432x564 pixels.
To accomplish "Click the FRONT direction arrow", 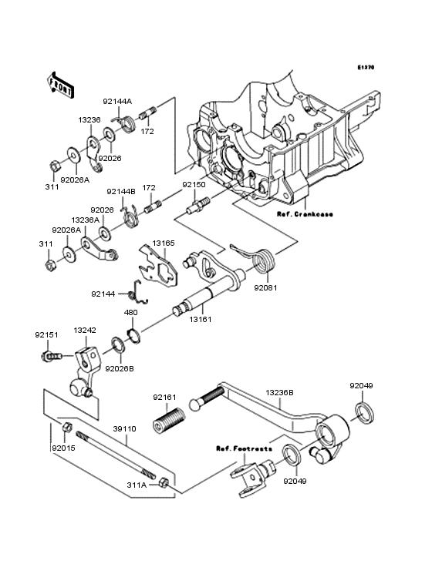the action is pyautogui.click(x=60, y=85).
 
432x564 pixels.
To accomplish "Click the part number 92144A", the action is pyautogui.click(x=117, y=102).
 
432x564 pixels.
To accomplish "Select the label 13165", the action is pyautogui.click(x=164, y=243).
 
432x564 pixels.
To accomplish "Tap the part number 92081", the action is pyautogui.click(x=265, y=287).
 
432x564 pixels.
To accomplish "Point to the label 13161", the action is pyautogui.click(x=201, y=319).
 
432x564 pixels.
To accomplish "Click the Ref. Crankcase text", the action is pyautogui.click(x=305, y=214).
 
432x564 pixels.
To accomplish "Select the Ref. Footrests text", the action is pyautogui.click(x=244, y=448).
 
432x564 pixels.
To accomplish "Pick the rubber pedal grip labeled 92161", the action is pyautogui.click(x=169, y=419).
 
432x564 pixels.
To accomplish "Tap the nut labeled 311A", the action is pyautogui.click(x=164, y=482).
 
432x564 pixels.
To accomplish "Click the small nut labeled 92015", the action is pyautogui.click(x=67, y=428).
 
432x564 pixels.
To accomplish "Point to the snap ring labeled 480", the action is pyautogui.click(x=134, y=335).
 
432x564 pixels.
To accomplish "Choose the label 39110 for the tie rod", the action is pyautogui.click(x=124, y=428).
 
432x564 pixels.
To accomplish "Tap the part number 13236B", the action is pyautogui.click(x=280, y=392).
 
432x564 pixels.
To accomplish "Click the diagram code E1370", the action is pyautogui.click(x=366, y=67).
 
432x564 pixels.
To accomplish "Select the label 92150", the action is pyautogui.click(x=194, y=184).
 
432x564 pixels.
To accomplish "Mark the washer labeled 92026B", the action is pyautogui.click(x=118, y=346).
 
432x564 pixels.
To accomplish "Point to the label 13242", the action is pyautogui.click(x=85, y=331).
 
